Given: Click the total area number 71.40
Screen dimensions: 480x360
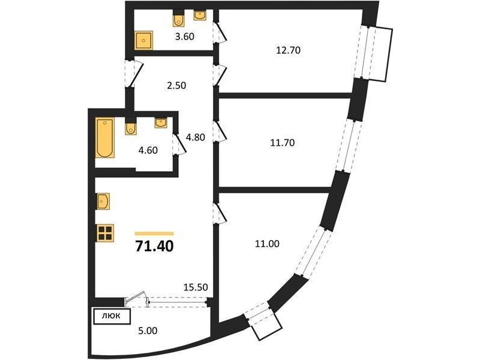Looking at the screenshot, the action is pyautogui.click(x=154, y=246).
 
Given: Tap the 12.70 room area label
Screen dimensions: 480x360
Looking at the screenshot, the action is pyautogui.click(x=288, y=50).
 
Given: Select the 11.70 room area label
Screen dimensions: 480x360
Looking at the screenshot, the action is pyautogui.click(x=282, y=142).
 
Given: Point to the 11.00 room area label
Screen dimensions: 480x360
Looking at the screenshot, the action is pyautogui.click(x=267, y=244).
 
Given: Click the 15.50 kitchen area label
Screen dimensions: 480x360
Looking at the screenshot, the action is pyautogui.click(x=196, y=287).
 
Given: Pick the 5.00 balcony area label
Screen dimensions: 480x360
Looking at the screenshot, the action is pyautogui.click(x=148, y=331).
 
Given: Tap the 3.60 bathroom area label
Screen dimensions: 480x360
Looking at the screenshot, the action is pyautogui.click(x=185, y=37).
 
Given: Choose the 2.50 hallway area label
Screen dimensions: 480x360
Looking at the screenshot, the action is pyautogui.click(x=176, y=85).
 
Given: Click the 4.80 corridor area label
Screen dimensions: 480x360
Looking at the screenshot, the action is pyautogui.click(x=196, y=137).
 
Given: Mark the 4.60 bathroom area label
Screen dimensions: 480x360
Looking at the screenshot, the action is pyautogui.click(x=148, y=151).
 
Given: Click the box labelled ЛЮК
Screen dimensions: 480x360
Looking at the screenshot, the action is pyautogui.click(x=112, y=317).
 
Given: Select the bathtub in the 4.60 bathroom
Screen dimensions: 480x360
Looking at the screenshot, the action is pyautogui.click(x=104, y=137).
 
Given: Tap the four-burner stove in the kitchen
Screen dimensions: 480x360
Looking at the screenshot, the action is pyautogui.click(x=105, y=233).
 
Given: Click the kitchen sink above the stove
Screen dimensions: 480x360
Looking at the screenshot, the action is pyautogui.click(x=103, y=202).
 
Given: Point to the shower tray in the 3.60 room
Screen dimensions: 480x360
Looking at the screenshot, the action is pyautogui.click(x=143, y=40).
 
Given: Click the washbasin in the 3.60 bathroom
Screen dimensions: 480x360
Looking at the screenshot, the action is pyautogui.click(x=200, y=16).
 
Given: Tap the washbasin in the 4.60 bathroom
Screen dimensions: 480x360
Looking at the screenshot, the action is pyautogui.click(x=161, y=123).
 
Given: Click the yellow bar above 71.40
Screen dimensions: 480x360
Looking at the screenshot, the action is pyautogui.click(x=154, y=233).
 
